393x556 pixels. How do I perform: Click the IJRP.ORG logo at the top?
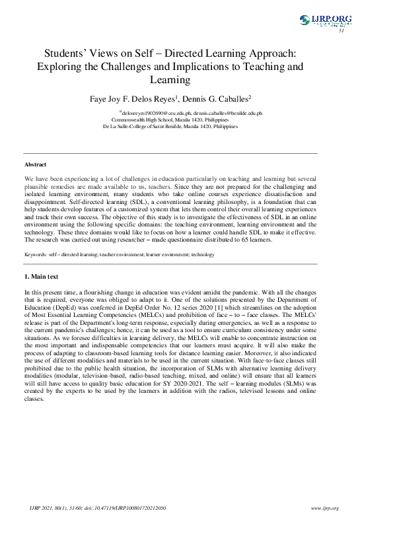[326, 20]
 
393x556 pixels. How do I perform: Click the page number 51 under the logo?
[341, 31]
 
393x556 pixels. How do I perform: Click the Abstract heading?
[35, 164]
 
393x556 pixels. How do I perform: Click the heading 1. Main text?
[42, 276]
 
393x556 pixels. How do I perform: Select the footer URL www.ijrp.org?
[324, 508]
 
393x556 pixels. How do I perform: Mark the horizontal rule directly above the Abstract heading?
[170, 154]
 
